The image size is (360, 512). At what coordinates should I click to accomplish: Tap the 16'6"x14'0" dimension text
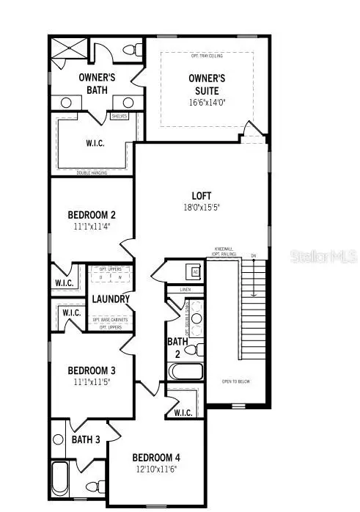[x=207, y=103]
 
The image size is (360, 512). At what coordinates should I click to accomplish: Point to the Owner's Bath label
[x=94, y=83]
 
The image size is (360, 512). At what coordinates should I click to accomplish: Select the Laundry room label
[x=111, y=299]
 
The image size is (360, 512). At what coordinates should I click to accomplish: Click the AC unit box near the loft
[x=195, y=271]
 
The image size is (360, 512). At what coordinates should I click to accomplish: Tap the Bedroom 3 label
[x=92, y=370]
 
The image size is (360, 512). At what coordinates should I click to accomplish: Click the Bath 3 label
[x=86, y=439]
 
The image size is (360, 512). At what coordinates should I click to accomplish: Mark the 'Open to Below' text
[x=235, y=381]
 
